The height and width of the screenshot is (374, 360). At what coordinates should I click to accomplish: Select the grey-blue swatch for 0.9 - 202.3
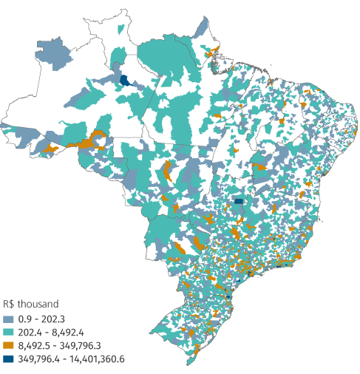coord(8,318)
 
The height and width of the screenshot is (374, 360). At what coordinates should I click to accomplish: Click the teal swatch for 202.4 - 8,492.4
coord(8,332)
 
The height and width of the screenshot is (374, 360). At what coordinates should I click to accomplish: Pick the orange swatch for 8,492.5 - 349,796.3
coord(8,345)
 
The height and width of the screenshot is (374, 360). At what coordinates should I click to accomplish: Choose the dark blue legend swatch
coord(8,359)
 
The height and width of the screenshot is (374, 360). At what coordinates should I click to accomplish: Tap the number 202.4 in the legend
coord(30,332)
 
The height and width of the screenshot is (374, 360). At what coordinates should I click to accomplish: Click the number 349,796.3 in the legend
coord(82,345)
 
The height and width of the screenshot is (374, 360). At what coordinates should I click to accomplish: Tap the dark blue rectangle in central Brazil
coord(238,200)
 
